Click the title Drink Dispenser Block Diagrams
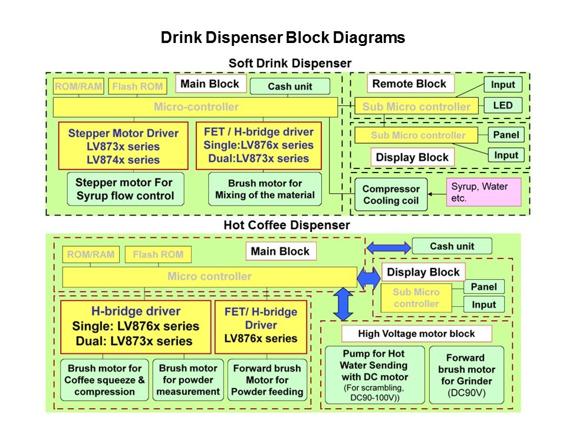(283, 38)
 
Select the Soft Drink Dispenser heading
(289, 63)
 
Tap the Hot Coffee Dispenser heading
(287, 225)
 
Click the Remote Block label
(410, 84)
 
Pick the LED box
(503, 106)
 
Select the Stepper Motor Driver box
(123, 146)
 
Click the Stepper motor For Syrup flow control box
(125, 188)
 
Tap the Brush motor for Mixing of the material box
(265, 189)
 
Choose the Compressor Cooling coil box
(391, 195)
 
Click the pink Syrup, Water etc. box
(484, 193)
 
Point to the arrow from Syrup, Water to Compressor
(437, 193)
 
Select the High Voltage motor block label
(416, 334)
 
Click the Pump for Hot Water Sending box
(374, 375)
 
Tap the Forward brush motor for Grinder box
(466, 375)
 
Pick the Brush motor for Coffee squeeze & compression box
(105, 380)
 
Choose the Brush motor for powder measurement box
(189, 380)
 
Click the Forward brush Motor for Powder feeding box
(267, 380)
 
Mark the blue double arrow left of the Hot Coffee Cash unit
(389, 248)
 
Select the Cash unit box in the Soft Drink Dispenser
(289, 87)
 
